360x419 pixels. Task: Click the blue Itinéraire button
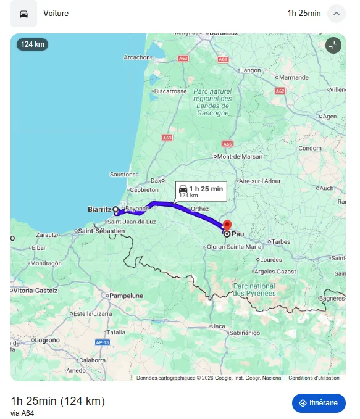[x=319, y=403]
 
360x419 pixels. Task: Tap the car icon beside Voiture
[x=23, y=14]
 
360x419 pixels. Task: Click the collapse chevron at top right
[x=336, y=14]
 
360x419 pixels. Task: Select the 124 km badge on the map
[x=32, y=44]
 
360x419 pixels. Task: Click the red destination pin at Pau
[x=227, y=226]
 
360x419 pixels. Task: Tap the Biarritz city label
[x=99, y=210]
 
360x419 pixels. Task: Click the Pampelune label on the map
[x=126, y=296]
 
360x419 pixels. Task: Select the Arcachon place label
[x=137, y=57]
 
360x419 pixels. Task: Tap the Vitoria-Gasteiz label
[x=35, y=290]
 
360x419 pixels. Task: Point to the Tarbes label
[x=281, y=241]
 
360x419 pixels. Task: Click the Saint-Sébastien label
[x=102, y=231]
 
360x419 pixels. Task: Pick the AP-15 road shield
[x=102, y=342]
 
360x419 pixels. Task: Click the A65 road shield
[x=227, y=144]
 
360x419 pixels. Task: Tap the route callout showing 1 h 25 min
[x=201, y=191]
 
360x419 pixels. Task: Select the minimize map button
[x=333, y=45]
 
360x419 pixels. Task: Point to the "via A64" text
[x=22, y=413]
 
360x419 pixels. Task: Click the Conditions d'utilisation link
[x=314, y=378]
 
